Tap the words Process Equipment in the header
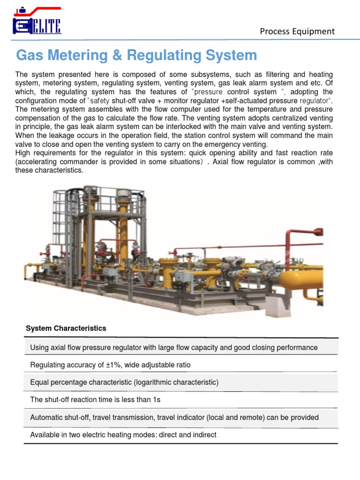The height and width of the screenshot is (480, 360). [297, 31]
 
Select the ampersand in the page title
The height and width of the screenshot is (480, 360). [119, 55]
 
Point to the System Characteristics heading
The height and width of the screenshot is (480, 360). [66, 328]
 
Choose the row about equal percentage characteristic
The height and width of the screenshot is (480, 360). [124, 382]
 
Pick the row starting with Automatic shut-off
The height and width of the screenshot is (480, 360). [174, 417]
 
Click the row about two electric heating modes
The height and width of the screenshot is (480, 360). [123, 435]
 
